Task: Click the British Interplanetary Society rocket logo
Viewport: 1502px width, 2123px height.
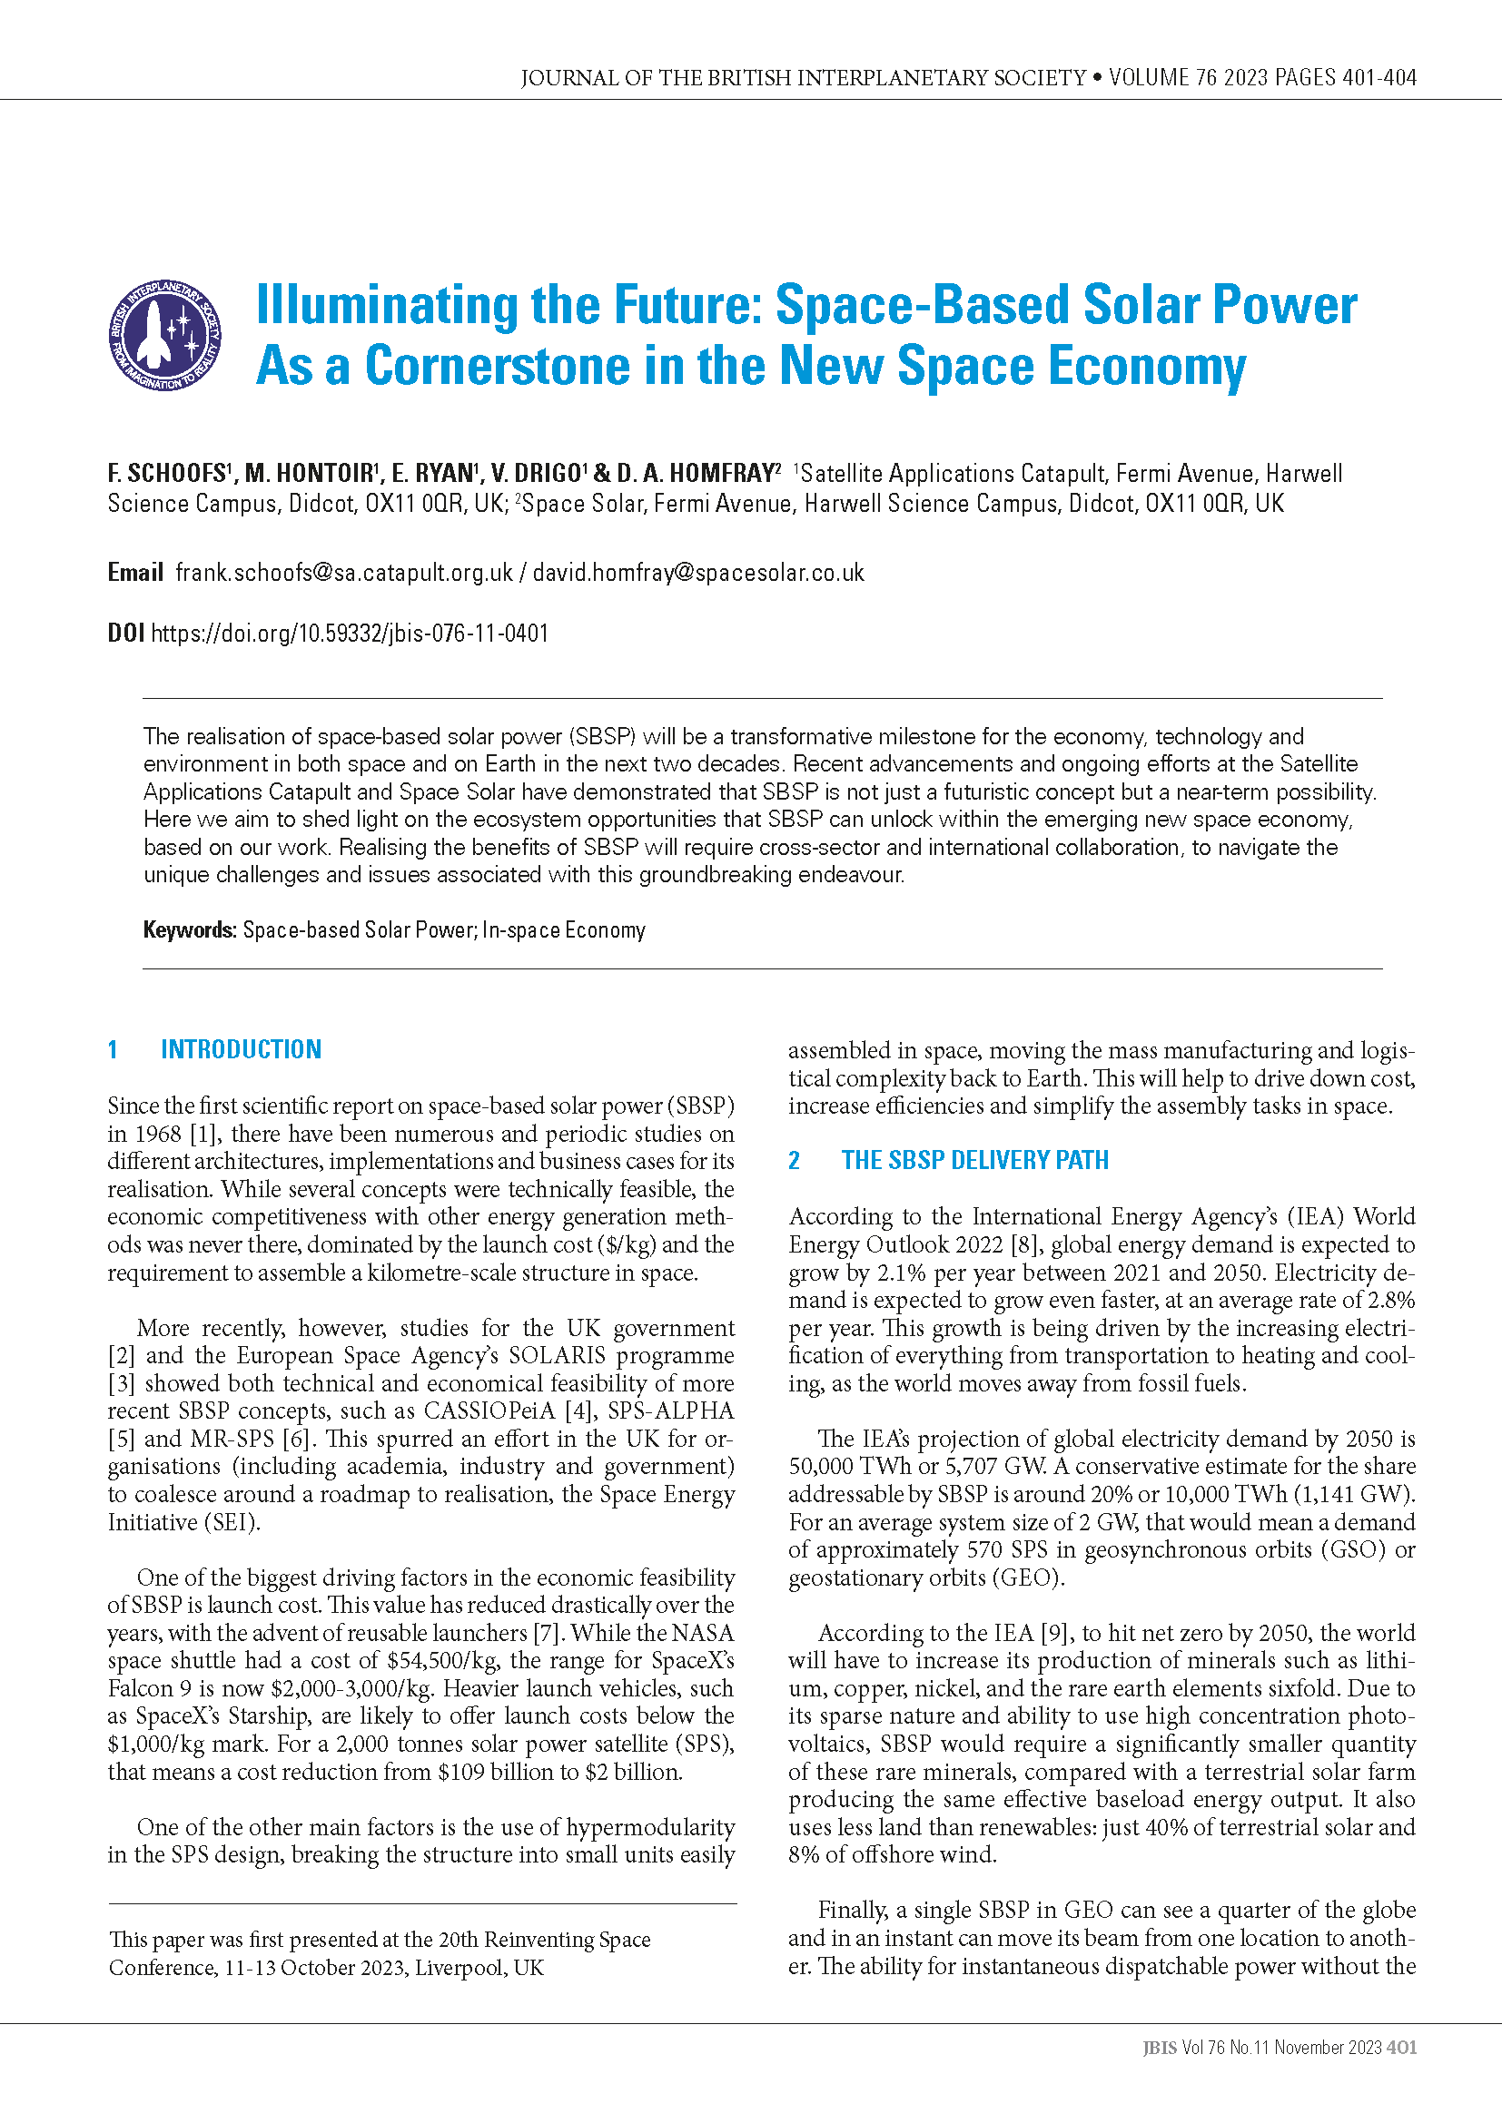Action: pos(164,335)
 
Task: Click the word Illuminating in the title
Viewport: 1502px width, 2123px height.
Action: pos(386,305)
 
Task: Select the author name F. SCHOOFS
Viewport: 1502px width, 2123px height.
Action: pos(166,474)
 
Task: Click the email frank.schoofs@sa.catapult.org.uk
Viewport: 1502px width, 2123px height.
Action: pos(344,574)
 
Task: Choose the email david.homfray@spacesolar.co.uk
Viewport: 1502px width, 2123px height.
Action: pos(698,574)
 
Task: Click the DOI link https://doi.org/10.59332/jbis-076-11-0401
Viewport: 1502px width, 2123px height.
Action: pos(350,634)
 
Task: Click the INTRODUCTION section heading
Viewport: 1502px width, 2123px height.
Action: pos(242,1049)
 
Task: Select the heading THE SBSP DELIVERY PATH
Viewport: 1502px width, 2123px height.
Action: pos(974,1161)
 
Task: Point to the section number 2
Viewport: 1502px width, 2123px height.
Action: pos(794,1161)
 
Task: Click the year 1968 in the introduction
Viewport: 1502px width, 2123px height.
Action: pos(157,1135)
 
